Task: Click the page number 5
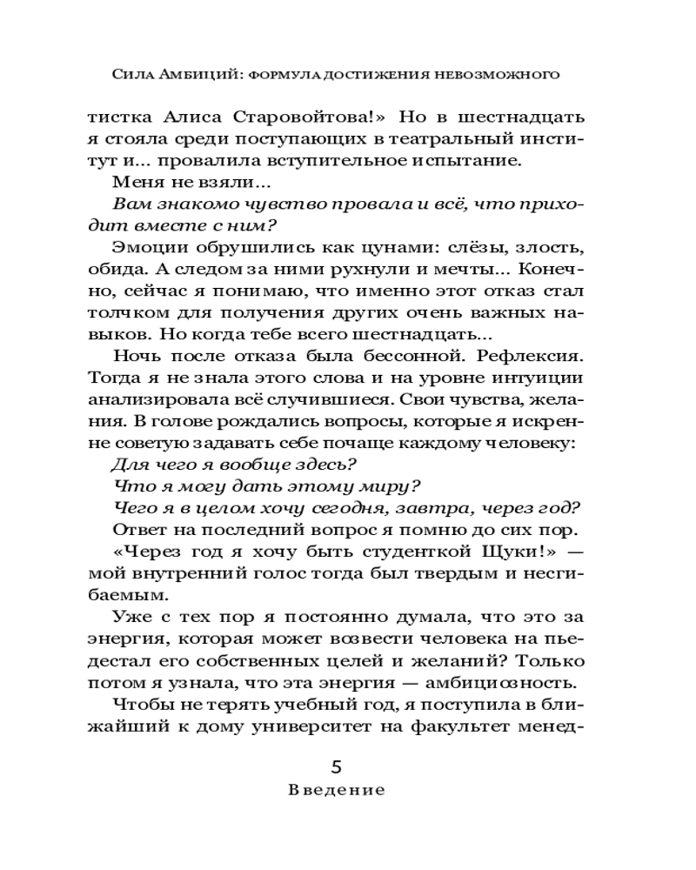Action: (337, 766)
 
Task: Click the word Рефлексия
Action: (535, 356)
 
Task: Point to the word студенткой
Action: (400, 552)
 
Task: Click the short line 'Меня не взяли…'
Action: (192, 182)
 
